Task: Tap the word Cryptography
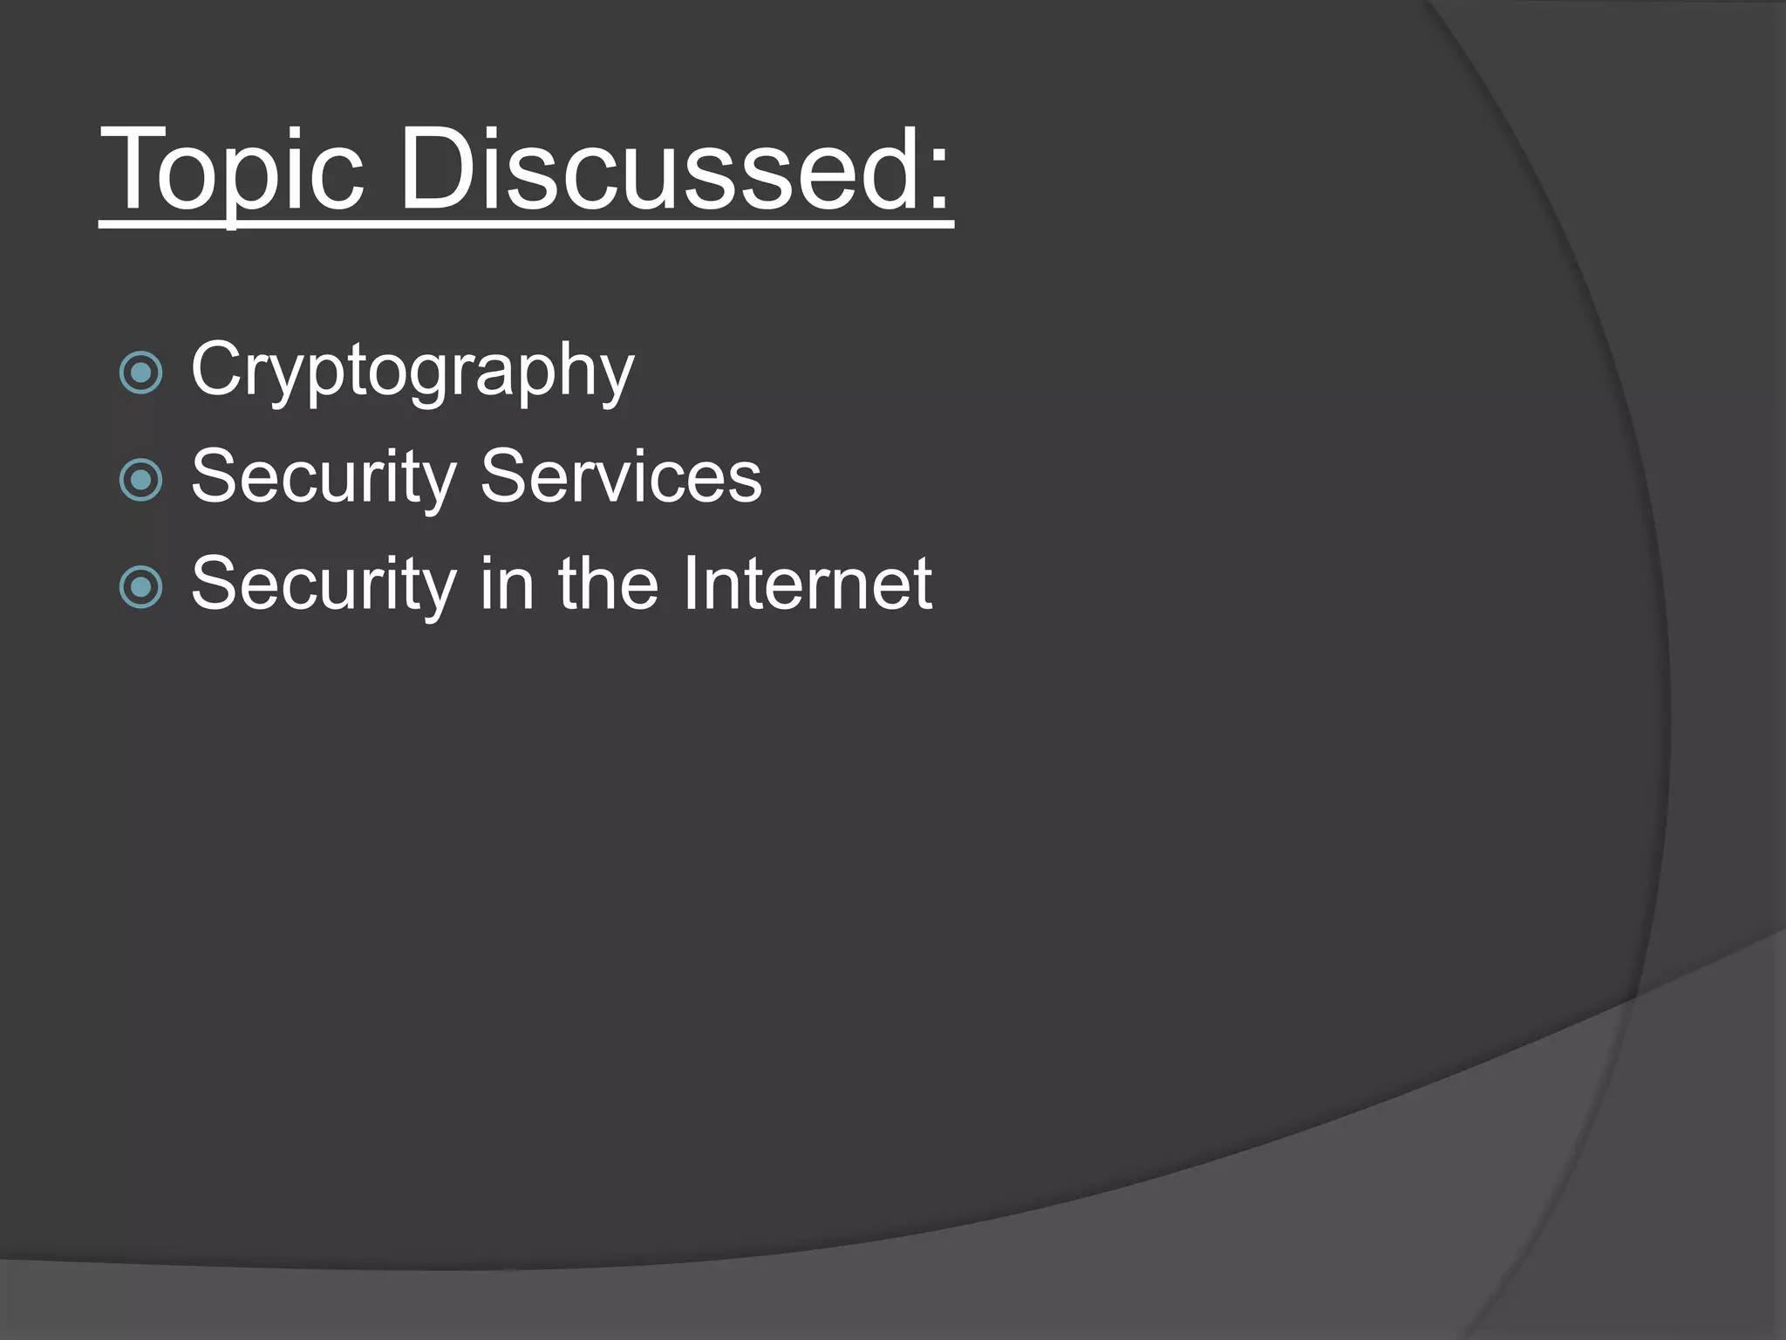[x=412, y=371]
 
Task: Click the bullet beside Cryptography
[x=140, y=373]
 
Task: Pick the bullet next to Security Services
[x=140, y=480]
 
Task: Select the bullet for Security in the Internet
[x=140, y=587]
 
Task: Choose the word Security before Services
[x=324, y=478]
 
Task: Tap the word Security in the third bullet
[x=324, y=585]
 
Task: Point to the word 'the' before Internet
[x=609, y=584]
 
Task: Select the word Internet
[x=807, y=584]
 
